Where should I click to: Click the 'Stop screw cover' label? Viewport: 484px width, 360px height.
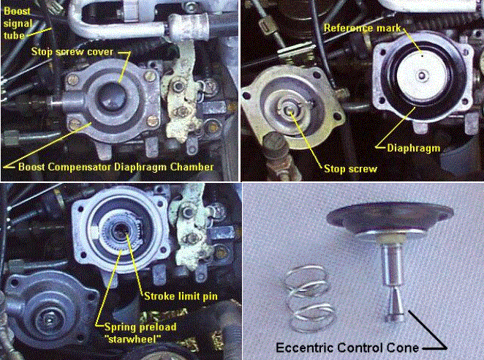point(72,52)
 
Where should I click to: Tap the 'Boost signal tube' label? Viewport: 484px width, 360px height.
point(18,23)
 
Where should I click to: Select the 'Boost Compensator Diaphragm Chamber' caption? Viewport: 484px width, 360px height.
point(116,167)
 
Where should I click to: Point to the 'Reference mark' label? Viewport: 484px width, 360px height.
point(362,29)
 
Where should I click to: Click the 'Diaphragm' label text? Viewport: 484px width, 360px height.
point(414,149)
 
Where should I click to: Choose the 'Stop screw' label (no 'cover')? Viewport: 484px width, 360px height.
point(350,169)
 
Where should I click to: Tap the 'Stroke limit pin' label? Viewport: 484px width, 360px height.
point(181,296)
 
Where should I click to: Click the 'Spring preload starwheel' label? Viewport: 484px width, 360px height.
point(140,333)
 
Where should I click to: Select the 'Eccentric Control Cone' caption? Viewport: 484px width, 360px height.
point(347,348)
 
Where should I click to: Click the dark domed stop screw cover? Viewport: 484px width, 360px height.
point(111,96)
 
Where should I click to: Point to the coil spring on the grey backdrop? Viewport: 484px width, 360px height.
point(309,299)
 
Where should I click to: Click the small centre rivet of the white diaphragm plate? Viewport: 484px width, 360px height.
point(422,75)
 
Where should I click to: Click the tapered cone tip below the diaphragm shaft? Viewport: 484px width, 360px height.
point(395,304)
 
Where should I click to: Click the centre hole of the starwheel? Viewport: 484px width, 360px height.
point(120,231)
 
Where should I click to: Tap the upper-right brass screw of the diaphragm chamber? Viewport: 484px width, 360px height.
point(149,76)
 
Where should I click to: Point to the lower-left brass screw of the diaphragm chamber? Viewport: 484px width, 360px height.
point(74,124)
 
